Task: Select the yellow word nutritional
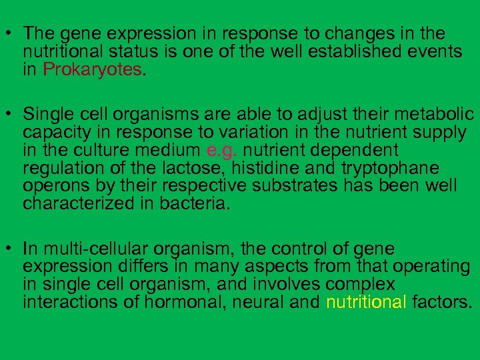366,303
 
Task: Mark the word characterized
79,204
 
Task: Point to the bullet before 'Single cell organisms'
9,115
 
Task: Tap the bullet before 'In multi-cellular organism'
9,249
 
